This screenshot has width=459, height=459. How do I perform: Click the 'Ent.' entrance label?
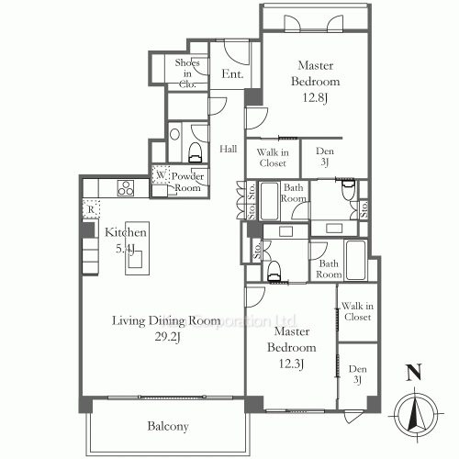coord(232,73)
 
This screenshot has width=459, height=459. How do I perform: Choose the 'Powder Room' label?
coord(187,181)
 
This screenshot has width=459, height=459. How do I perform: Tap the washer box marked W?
coord(161,174)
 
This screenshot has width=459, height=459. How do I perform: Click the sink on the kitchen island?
coord(136,261)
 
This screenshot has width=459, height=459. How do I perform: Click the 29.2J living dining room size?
coord(166,336)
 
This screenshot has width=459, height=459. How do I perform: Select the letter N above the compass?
coord(415,374)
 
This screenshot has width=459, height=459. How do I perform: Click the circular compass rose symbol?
coord(415,412)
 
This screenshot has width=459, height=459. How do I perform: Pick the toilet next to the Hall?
coord(194,150)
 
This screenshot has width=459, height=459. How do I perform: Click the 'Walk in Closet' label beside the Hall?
coord(273,157)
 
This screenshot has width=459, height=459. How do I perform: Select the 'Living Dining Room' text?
coord(166,320)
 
